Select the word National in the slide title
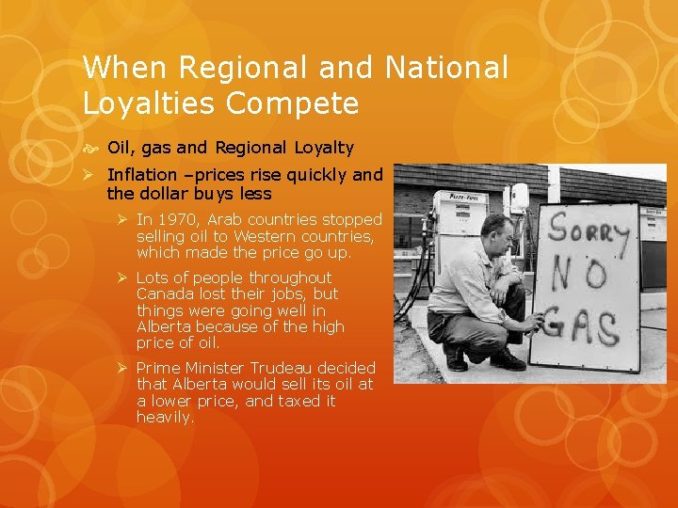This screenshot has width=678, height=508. coord(445,67)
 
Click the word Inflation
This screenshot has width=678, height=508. coord(142,174)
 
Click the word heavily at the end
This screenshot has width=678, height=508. coord(165,417)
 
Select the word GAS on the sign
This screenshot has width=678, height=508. coord(581,329)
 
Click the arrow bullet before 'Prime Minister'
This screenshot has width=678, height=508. coord(122,368)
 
